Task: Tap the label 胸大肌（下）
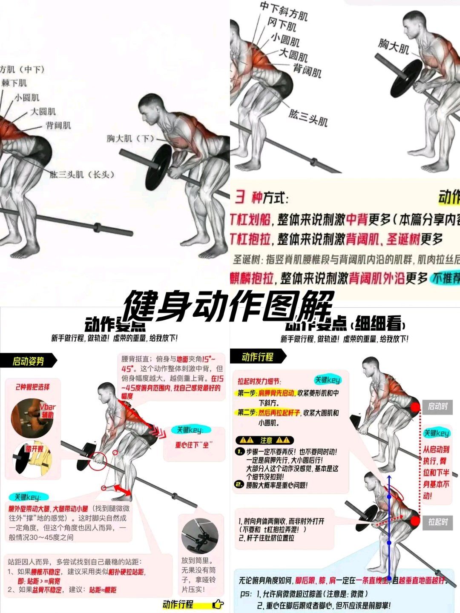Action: point(130,138)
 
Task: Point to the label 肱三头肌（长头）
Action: point(82,175)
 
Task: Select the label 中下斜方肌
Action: point(283,11)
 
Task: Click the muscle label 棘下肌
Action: point(14,83)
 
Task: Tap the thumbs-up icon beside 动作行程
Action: point(218,604)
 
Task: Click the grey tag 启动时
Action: point(437,407)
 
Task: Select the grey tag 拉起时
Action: point(438,522)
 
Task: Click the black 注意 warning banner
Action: point(264,440)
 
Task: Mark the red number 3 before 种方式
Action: point(240,198)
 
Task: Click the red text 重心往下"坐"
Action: point(194,444)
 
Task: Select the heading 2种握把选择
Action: point(32,387)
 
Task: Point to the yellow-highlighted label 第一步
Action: point(247,393)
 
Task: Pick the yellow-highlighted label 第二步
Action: point(247,412)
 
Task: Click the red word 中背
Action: point(356,219)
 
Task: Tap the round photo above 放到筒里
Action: point(200,536)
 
